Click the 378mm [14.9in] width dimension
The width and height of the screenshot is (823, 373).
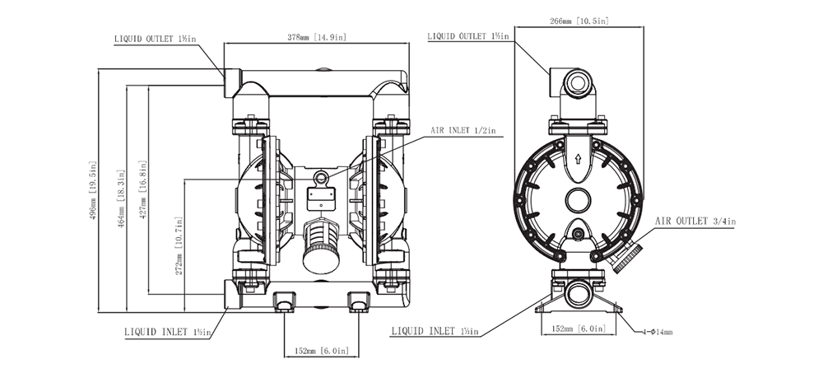pyautogui.click(x=317, y=36)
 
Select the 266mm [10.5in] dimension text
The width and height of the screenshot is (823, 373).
pyautogui.click(x=579, y=19)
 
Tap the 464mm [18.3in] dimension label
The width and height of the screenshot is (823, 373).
pyautogui.click(x=121, y=198)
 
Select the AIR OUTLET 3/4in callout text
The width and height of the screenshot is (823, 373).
pyautogui.click(x=695, y=221)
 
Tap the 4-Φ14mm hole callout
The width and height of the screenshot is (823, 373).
pyautogui.click(x=658, y=333)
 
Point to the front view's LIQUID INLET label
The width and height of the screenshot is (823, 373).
pyautogui.click(x=168, y=333)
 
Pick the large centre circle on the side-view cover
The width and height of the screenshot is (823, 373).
pyautogui.click(x=579, y=199)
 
